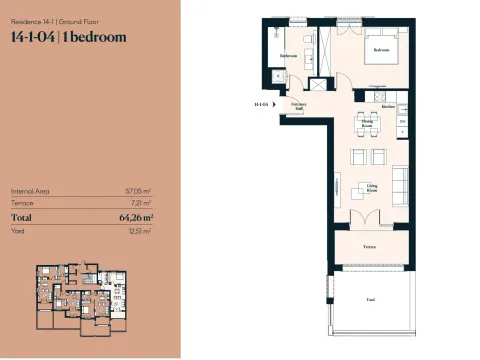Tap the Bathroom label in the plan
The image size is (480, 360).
click(288, 56)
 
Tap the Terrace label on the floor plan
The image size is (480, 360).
click(369, 245)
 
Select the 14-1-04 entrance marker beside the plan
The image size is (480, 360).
click(262, 103)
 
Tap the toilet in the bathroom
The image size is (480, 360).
click(278, 75)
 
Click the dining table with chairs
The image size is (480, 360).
click(366, 128)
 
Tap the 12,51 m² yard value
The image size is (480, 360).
click(139, 230)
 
